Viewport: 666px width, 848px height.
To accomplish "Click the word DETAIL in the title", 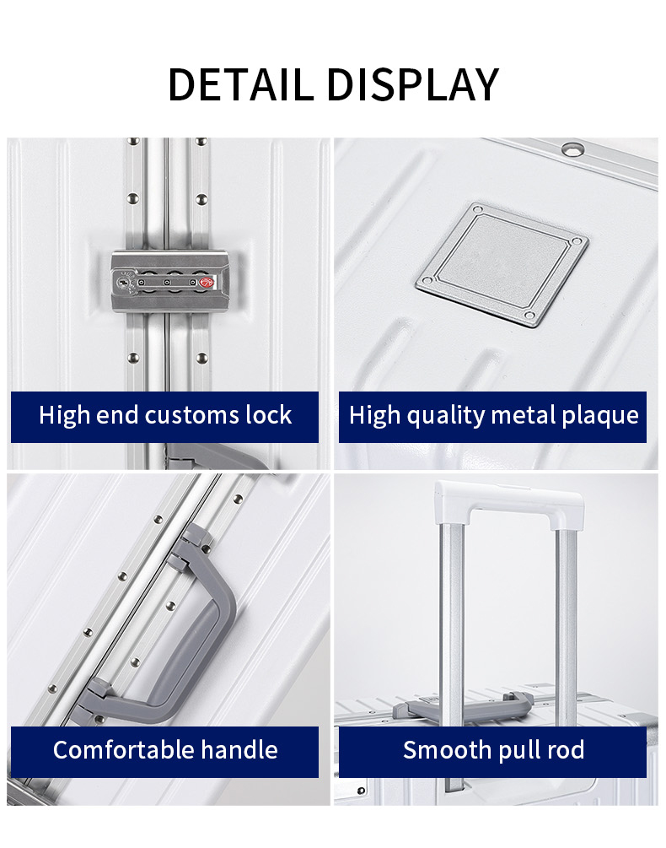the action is point(240,84).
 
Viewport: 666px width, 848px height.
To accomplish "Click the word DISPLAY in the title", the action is point(413,84).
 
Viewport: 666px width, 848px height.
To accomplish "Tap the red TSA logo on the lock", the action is point(207,283).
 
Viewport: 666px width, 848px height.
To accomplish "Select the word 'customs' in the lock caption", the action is point(191,415).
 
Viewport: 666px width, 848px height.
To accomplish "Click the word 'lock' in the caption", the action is point(268,415).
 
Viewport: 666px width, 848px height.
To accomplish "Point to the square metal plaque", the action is point(502,264).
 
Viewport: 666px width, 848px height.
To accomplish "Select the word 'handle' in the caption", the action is point(239,750).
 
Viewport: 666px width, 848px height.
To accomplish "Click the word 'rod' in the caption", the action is point(566,750).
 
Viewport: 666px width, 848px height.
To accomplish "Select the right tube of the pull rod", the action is point(566,622).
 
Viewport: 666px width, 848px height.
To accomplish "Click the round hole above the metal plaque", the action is point(573,149).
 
